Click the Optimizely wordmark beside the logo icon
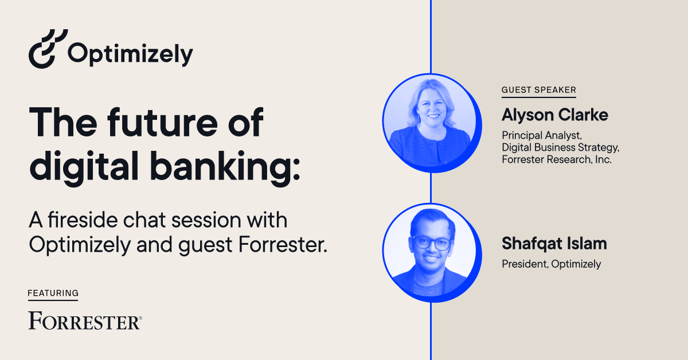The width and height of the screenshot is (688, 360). [130, 54]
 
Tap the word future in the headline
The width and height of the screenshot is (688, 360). [162, 122]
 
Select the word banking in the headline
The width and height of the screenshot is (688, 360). [225, 167]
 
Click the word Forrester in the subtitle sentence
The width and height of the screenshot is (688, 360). [283, 245]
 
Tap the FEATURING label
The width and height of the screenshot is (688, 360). [53, 293]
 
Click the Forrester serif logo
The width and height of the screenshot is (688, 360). [85, 320]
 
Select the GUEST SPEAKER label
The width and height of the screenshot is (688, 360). [539, 89]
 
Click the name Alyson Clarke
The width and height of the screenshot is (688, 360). [555, 115]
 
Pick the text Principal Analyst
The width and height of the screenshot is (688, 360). [541, 135]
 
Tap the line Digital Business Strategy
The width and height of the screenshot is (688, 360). [560, 147]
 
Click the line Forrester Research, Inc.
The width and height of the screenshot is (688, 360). [557, 159]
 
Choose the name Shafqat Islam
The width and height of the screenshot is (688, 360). [554, 244]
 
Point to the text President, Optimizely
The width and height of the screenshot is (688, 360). [552, 264]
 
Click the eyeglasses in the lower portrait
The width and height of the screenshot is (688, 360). [432, 242]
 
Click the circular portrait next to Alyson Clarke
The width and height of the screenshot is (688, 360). [432, 123]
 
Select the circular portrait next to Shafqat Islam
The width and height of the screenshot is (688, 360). [432, 252]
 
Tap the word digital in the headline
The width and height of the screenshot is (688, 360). [84, 167]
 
